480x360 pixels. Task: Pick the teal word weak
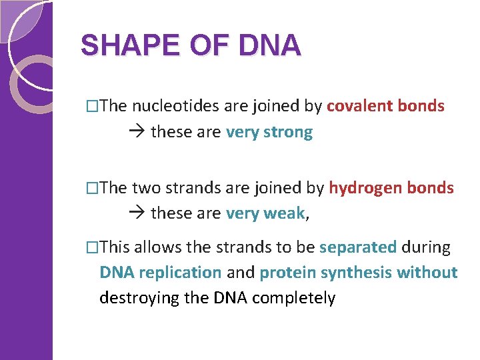(285, 214)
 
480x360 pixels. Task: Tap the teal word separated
(358, 247)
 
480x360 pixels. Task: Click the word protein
(288, 273)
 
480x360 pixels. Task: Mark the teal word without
(427, 273)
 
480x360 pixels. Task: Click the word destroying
(139, 297)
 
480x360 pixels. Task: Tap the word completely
(294, 297)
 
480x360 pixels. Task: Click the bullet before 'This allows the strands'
(92, 248)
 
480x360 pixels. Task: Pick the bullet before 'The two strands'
(92, 189)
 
